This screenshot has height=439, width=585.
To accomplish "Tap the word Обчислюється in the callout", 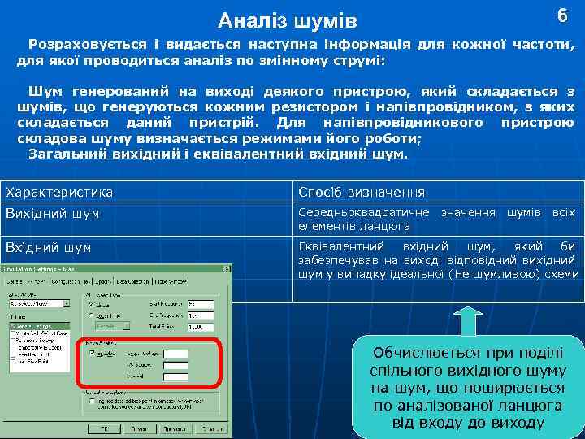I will pos(421,352).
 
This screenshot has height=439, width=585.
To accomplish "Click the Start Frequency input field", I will pos(200,305).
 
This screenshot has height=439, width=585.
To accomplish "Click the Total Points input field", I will pos(200,327).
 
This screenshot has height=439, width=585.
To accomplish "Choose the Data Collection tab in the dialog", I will pos(133,281).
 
